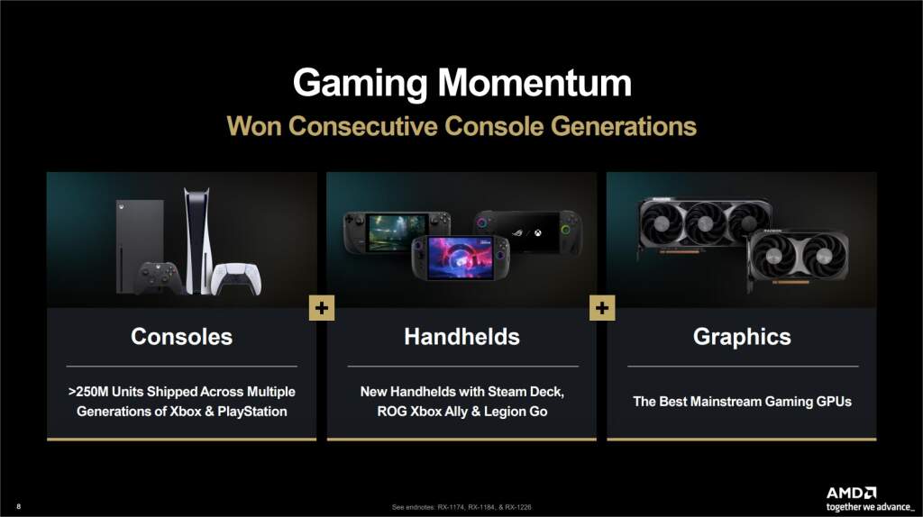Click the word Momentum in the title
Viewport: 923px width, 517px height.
point(535,84)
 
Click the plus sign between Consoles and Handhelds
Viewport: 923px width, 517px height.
point(322,308)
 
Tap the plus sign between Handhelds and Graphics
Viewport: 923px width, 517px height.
point(602,308)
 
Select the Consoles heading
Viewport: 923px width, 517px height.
point(181,337)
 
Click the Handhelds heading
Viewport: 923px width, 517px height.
point(461,337)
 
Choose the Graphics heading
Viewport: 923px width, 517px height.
point(742,337)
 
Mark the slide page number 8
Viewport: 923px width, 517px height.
point(19,507)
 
